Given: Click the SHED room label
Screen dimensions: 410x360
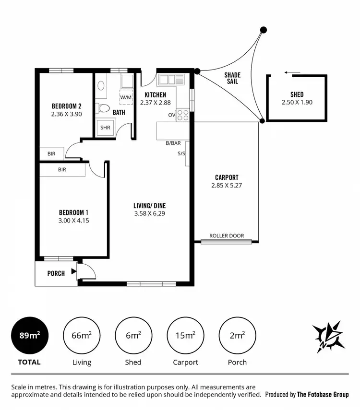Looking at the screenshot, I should (x=297, y=94).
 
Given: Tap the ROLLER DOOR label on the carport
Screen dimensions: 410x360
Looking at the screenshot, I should (x=227, y=236).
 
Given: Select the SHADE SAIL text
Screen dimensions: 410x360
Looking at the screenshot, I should (x=232, y=78).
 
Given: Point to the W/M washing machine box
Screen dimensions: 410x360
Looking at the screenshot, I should (x=126, y=97).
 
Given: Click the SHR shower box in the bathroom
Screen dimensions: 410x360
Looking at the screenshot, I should (x=106, y=128).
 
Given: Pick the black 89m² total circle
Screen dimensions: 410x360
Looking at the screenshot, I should (x=29, y=336).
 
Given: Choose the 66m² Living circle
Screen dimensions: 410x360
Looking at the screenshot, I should (x=81, y=336).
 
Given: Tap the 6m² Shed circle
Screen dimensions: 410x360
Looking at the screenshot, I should (x=133, y=336).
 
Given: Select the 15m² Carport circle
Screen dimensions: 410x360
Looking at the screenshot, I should (x=185, y=336).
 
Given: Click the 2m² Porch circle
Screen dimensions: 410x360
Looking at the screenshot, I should (x=237, y=336).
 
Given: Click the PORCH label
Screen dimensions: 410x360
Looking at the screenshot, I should (x=56, y=274).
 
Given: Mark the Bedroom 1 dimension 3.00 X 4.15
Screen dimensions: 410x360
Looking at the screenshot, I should (x=74, y=221).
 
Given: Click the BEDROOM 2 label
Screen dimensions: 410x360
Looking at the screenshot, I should (x=66, y=106).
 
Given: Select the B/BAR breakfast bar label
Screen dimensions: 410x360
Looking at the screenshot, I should (x=173, y=143).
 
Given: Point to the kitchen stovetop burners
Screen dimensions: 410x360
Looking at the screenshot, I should (x=183, y=115).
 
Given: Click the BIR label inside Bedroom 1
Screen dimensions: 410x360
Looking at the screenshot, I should (x=62, y=170).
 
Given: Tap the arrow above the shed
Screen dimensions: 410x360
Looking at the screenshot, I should (x=292, y=73).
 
